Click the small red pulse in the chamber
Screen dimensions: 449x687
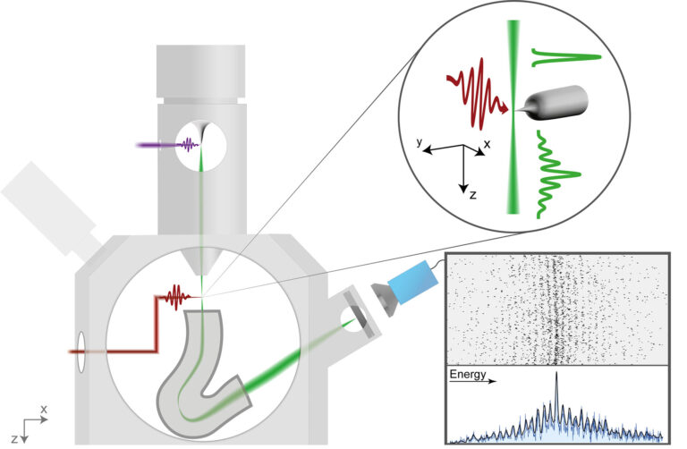pos(175,294)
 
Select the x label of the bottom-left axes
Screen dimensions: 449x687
pos(43,408)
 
